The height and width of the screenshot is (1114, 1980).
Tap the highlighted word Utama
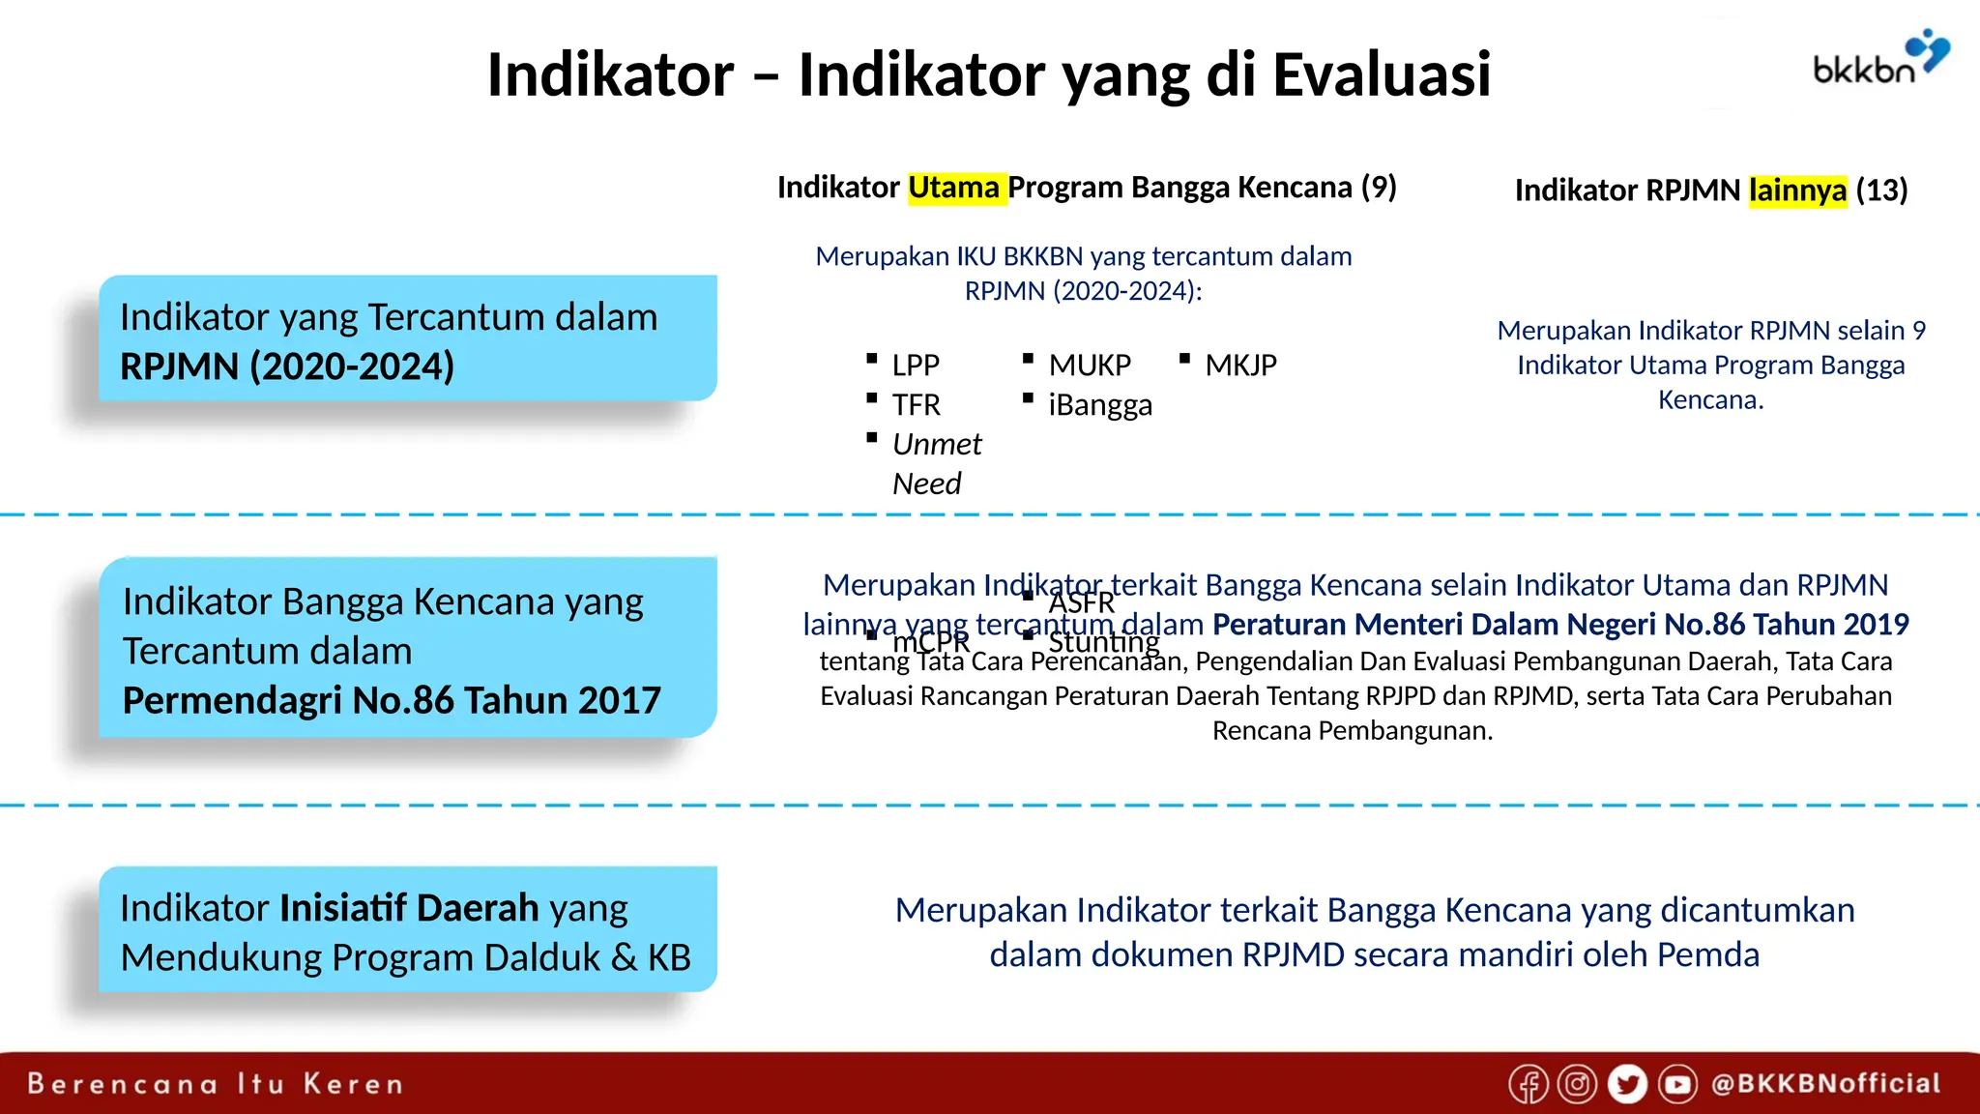[954, 187]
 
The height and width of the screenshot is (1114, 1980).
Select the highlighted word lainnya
[1797, 191]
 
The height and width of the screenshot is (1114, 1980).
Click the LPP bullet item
[915, 366]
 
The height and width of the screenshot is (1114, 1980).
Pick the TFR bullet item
[916, 405]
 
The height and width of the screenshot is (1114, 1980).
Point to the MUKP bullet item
[1089, 366]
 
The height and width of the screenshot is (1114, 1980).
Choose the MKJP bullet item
[1240, 366]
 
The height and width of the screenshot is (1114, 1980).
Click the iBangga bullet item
[1099, 405]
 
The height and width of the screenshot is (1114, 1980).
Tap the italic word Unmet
[936, 445]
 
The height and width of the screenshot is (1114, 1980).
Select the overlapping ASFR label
[1081, 603]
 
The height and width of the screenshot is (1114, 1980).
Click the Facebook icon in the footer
[1529, 1084]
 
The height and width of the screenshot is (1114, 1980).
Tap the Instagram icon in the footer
[1577, 1084]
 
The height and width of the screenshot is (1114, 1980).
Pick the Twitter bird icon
[1627, 1084]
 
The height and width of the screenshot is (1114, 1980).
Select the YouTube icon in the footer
[1677, 1084]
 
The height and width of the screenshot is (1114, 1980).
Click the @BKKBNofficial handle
[1825, 1084]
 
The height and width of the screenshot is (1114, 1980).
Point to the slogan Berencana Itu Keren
[215, 1084]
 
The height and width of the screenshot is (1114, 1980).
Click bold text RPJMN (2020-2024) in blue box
[287, 367]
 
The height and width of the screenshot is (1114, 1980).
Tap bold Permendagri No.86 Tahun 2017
[392, 701]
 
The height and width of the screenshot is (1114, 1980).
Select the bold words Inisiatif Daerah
[409, 909]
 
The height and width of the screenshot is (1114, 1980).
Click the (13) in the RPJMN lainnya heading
[1881, 191]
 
